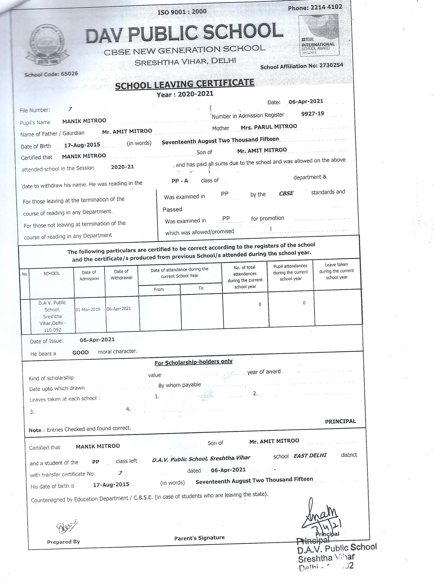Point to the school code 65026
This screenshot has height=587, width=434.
(69, 74)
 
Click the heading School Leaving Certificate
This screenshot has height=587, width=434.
(184, 84)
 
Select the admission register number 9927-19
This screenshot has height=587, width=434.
(313, 114)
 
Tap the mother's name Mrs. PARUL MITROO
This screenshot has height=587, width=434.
(269, 127)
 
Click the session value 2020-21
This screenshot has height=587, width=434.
(122, 167)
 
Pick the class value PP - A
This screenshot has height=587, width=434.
(180, 181)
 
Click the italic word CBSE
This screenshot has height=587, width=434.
(286, 194)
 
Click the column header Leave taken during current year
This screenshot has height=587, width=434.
(337, 271)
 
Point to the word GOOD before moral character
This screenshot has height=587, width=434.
(81, 353)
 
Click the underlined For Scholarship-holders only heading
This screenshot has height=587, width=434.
(193, 362)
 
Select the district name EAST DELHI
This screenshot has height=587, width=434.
(310, 455)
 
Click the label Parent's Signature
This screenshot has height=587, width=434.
(199, 538)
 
